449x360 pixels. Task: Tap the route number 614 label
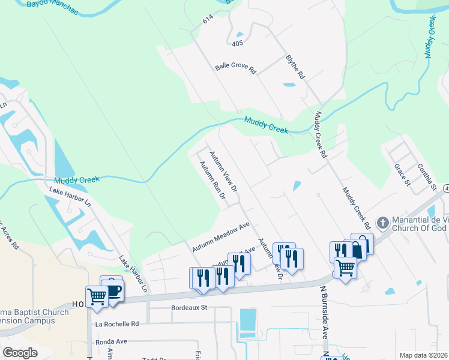pos(208,20)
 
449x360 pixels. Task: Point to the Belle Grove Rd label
pos(236,67)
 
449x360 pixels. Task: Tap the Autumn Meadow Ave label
pos(220,237)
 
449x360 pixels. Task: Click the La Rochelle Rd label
pos(117,323)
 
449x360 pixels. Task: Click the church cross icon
pos(382,223)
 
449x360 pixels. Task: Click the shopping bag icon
pos(359,247)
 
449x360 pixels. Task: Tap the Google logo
pos(20,352)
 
